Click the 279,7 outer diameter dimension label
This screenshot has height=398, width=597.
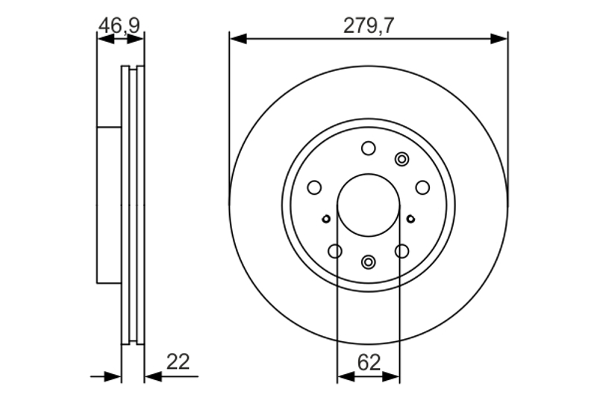(369, 26)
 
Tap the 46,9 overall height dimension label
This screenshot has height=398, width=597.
(119, 26)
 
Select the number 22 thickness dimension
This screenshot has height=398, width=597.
(178, 362)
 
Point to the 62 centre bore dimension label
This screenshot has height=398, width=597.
(369, 363)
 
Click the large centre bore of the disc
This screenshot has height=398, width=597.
(369, 205)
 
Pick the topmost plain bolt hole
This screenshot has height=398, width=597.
(368, 148)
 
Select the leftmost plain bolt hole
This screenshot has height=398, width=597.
(314, 187)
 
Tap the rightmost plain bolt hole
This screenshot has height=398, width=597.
(422, 187)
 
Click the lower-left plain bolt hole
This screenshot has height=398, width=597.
(335, 251)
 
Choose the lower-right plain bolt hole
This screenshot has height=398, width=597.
(401, 251)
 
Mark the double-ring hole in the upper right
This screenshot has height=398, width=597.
(402, 159)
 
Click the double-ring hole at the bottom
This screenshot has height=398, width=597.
(368, 261)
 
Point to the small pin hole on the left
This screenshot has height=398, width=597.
(326, 219)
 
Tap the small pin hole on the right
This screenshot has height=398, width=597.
(410, 219)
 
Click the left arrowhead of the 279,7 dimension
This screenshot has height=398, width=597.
(238, 39)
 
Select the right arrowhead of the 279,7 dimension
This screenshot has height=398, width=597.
(498, 39)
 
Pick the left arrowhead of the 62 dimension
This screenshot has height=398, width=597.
(346, 376)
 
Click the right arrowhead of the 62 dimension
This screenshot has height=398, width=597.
(391, 376)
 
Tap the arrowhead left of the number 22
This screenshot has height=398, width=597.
(154, 376)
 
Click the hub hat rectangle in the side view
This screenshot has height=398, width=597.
(109, 205)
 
